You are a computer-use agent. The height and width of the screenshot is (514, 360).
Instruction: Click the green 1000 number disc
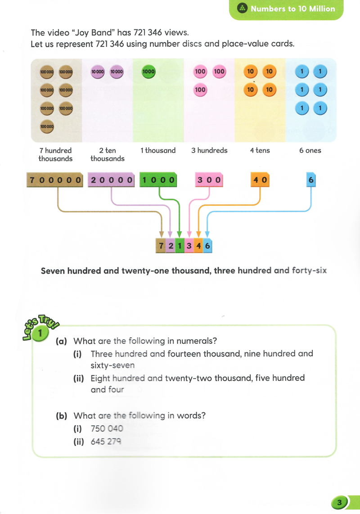[148, 72]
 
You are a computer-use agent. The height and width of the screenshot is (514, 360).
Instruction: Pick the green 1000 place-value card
[159, 180]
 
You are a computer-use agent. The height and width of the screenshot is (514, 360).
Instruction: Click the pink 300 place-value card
[209, 180]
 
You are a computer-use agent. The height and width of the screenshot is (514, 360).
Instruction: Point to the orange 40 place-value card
[260, 180]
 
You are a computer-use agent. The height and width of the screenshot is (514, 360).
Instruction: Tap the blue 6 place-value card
[311, 180]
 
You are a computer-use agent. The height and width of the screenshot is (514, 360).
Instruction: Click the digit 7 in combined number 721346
[161, 246]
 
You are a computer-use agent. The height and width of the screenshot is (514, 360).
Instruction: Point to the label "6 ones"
[310, 150]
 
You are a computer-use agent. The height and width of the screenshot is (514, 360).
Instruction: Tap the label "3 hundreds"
[209, 150]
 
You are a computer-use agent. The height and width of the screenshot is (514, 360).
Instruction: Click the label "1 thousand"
[158, 150]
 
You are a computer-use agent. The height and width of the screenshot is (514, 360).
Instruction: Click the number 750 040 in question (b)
[107, 428]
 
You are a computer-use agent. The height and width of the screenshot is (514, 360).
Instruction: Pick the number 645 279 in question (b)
[106, 442]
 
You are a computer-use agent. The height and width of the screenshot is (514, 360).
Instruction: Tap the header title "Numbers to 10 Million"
[293, 9]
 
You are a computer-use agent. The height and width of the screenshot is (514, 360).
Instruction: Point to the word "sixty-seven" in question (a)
[112, 365]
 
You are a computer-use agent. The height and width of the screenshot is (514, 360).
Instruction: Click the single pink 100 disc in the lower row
[200, 90]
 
